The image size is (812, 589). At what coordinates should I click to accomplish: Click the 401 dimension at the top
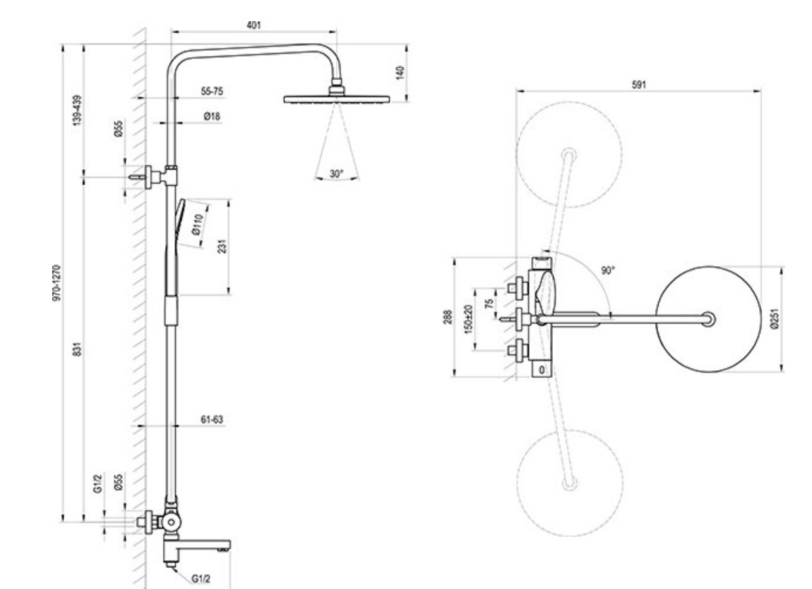tap(253, 25)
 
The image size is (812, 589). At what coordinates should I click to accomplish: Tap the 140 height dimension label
tap(400, 73)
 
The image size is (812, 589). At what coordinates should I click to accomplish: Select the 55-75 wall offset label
tap(212, 91)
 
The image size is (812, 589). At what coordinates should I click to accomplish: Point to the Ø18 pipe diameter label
tap(212, 116)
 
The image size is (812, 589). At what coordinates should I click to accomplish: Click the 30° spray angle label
tap(337, 174)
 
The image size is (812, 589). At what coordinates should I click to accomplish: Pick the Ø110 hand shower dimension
tap(198, 225)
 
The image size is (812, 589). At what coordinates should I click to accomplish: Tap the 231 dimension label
tap(222, 246)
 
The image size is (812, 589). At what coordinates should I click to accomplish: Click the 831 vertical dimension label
tap(77, 349)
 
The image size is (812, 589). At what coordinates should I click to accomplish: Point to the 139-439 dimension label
tap(77, 110)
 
